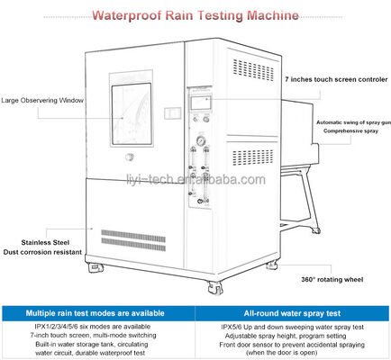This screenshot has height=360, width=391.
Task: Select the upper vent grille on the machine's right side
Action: pyautogui.click(x=260, y=69)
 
